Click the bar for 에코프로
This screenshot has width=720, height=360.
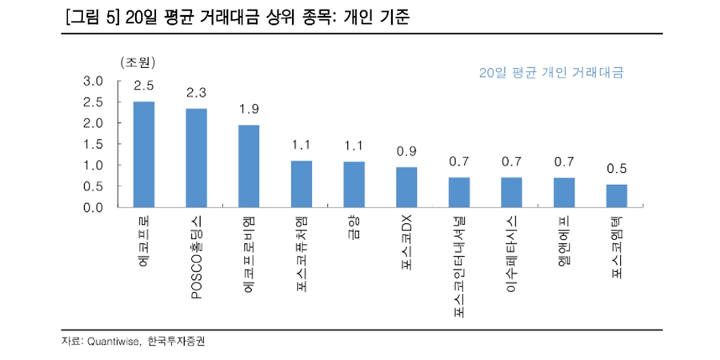pyautogui.click(x=144, y=154)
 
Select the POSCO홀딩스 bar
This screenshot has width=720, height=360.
pyautogui.click(x=197, y=158)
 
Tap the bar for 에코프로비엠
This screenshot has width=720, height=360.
pyautogui.click(x=249, y=166)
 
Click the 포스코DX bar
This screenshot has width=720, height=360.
pyautogui.click(x=406, y=187)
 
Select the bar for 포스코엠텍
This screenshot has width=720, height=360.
pyautogui.click(x=617, y=196)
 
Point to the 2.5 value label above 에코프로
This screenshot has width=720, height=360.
pyautogui.click(x=144, y=86)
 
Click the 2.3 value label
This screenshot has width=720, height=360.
pyautogui.click(x=197, y=93)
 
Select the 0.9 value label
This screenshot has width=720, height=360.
pyautogui.click(x=406, y=151)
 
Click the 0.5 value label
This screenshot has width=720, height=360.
pyautogui.click(x=617, y=168)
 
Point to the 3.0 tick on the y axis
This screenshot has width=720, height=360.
pyautogui.click(x=94, y=81)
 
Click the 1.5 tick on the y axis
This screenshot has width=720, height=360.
pyautogui.click(x=94, y=144)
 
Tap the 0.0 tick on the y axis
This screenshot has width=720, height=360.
pyautogui.click(x=94, y=207)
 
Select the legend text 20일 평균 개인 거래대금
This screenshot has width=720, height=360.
pyautogui.click(x=550, y=73)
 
